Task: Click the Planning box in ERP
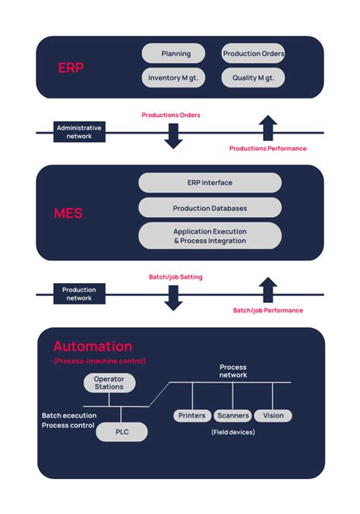click(173, 53)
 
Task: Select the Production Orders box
click(253, 53)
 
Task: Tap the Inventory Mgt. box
click(173, 77)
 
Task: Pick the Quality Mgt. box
click(253, 77)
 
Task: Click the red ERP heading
click(71, 68)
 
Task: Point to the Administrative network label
click(79, 133)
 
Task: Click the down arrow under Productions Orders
click(174, 134)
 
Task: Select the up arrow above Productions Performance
click(267, 128)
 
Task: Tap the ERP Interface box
click(210, 183)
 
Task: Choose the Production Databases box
click(210, 208)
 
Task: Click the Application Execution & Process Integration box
click(210, 235)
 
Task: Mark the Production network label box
click(79, 294)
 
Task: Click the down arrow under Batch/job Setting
click(174, 296)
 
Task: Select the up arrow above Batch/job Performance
click(267, 290)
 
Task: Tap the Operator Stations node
click(109, 383)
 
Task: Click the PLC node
click(122, 432)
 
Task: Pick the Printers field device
click(191, 415)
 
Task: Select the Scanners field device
click(232, 415)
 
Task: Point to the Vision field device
click(273, 415)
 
